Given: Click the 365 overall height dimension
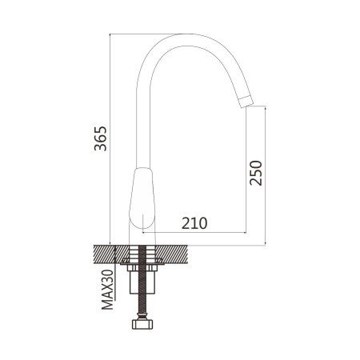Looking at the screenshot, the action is pos(101,138).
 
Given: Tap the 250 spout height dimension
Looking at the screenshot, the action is pos(256,173).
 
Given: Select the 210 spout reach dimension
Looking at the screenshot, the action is pos(194,223).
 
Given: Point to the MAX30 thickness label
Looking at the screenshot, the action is pos(107,290).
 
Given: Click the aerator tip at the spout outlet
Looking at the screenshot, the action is pos(246,102).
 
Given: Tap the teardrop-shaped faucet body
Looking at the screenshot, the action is pos(142,198).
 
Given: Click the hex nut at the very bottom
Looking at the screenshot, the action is pos(142,324).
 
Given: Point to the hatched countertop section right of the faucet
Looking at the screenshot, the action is pos(172,254).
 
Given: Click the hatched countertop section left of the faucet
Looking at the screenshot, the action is pos(111,254).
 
